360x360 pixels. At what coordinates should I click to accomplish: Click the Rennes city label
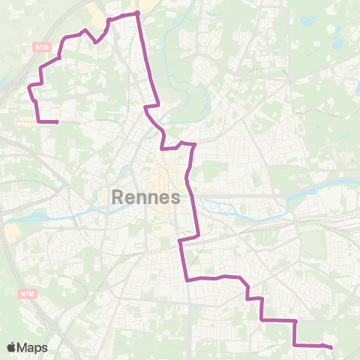click(x=145, y=197)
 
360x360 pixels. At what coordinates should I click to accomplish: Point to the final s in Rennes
click(x=174, y=198)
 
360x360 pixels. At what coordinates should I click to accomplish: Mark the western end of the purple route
click(x=57, y=121)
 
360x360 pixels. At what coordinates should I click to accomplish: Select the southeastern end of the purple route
click(x=331, y=346)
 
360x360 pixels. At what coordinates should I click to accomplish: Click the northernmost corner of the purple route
click(x=138, y=13)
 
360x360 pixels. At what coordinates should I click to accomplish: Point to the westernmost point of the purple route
click(x=29, y=88)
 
